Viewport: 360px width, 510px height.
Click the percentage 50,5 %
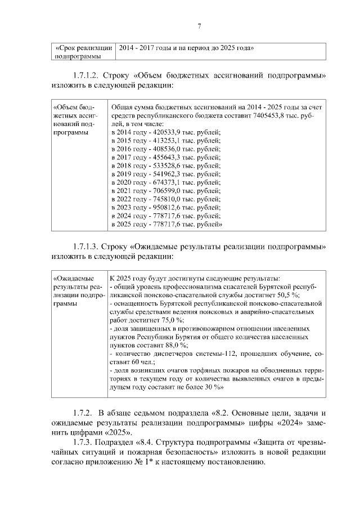pos(288,295)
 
